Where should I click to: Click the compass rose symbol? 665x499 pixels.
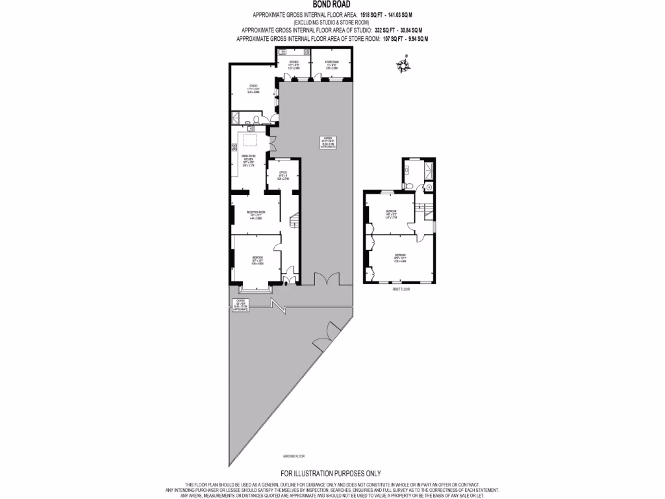405,66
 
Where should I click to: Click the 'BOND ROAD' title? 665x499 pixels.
331,5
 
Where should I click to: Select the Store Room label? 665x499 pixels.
332,64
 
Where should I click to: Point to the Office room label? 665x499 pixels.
283,174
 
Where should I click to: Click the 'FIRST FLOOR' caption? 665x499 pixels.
401,289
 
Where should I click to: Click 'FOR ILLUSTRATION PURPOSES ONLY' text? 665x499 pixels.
331,473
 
